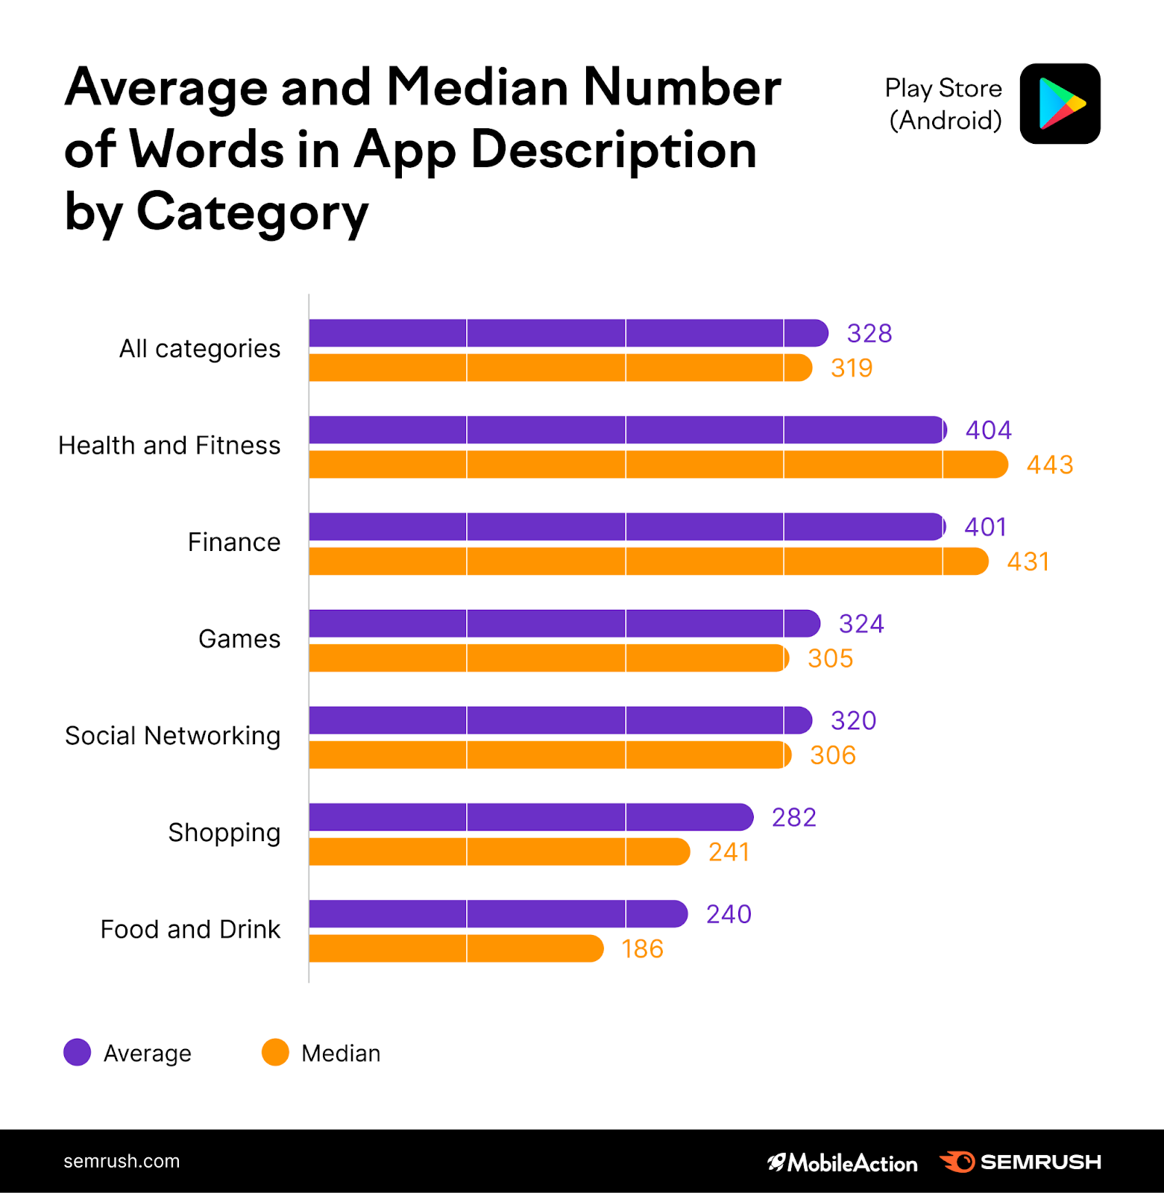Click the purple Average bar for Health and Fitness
click(x=626, y=430)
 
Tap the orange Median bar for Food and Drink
click(x=456, y=948)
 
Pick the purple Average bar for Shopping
click(x=531, y=817)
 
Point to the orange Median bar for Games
click(x=548, y=658)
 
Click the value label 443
click(x=1050, y=465)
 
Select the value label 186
click(x=642, y=949)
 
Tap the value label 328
click(x=869, y=333)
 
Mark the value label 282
click(x=794, y=818)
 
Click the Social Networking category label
click(x=173, y=736)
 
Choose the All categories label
click(x=200, y=349)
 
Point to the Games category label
click(x=239, y=639)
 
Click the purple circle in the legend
click(x=78, y=1052)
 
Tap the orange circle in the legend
click(x=275, y=1052)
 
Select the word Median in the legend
click(x=341, y=1054)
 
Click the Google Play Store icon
click(x=1060, y=104)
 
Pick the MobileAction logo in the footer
click(x=843, y=1162)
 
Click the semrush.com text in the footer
click(x=122, y=1161)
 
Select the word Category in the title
click(x=253, y=212)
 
